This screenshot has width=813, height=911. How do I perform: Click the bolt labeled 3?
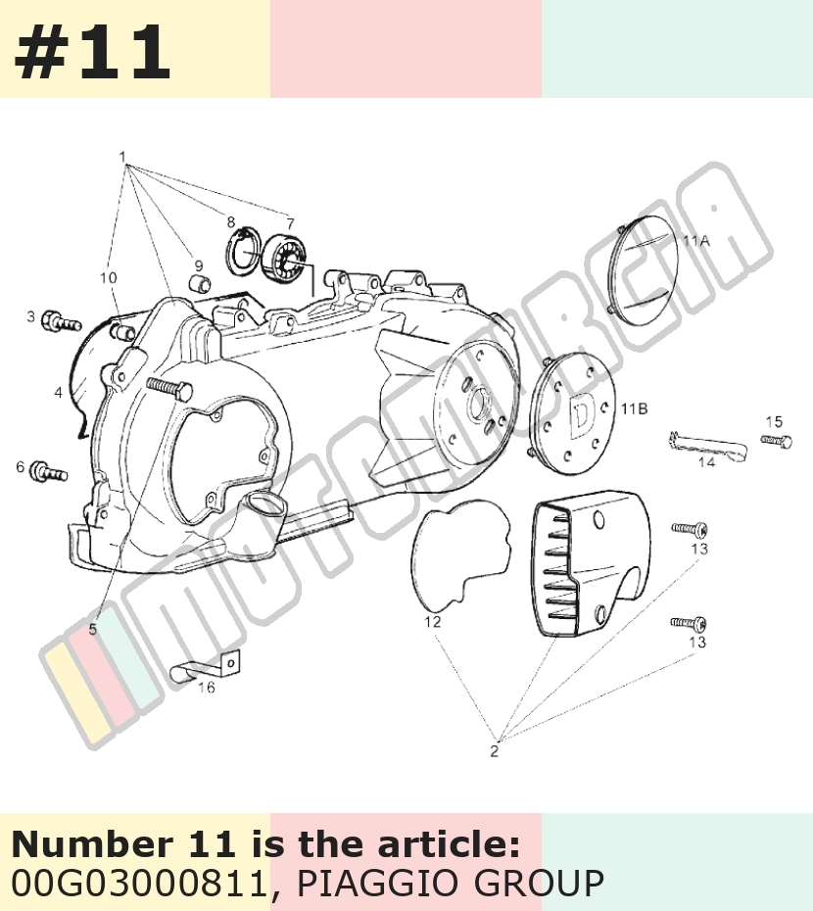click(x=61, y=320)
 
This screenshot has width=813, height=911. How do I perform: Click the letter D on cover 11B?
click(x=581, y=414)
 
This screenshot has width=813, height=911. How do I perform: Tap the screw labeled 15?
click(x=776, y=442)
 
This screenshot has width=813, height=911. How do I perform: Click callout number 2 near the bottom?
click(x=494, y=750)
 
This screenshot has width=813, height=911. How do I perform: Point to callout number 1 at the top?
click(x=122, y=157)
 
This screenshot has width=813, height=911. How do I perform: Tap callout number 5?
click(x=93, y=629)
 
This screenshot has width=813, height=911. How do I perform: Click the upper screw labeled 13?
click(x=690, y=529)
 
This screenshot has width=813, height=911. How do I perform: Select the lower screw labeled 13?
click(x=689, y=623)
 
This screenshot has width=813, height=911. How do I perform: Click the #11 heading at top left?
click(x=92, y=52)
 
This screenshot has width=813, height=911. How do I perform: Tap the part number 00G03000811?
click(x=139, y=884)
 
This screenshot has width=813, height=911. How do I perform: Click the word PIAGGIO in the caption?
click(x=379, y=884)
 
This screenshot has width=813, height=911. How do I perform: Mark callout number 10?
click(x=108, y=278)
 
